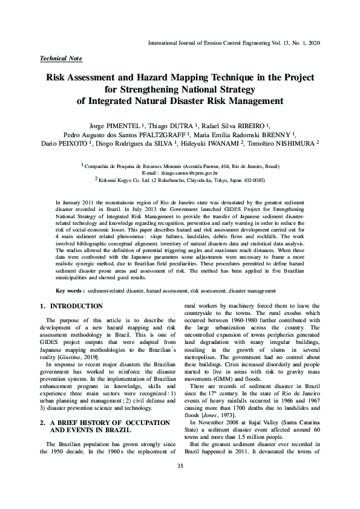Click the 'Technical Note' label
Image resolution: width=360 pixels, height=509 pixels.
61,59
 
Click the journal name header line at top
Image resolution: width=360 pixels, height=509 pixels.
234,44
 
